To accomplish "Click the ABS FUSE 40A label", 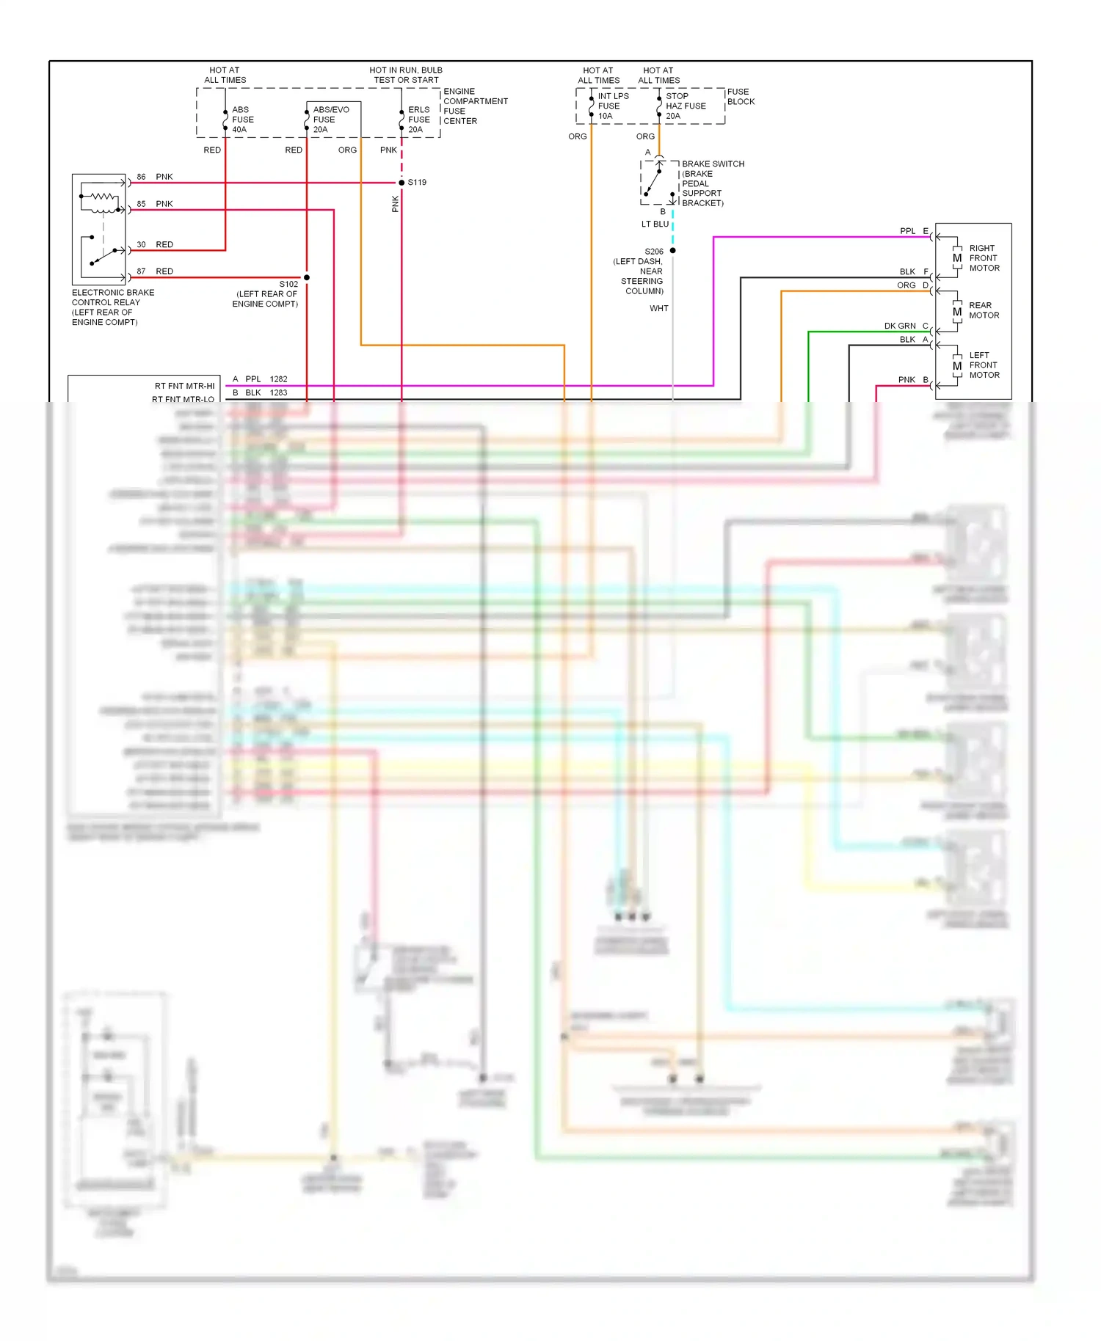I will pos(242,120).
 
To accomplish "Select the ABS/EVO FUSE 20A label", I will pos(330,120).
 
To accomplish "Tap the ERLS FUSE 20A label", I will pos(418,120).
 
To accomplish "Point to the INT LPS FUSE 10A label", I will pos(612,106).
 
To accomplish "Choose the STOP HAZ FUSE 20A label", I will pos(685,106).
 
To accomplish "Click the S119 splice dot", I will pos(401,183).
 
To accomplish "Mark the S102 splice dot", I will pos(307,277).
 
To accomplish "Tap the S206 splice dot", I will pos(672,251).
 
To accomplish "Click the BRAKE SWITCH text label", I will pos(712,164).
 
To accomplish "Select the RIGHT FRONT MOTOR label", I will pos(984,258).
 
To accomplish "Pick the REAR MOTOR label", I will pos(984,310).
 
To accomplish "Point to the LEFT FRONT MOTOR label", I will pos(984,365).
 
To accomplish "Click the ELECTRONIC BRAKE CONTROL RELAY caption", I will pos(112,307).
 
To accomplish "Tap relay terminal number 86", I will pos(141,177).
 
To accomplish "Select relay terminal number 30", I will pos(141,244).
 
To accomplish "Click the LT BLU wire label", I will pos(655,224).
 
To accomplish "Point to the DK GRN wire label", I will pos(899,326).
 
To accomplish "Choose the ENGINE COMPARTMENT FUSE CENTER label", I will pos(474,106).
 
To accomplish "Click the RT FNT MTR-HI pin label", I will pos(184,386).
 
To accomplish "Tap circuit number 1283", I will pos(278,393).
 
